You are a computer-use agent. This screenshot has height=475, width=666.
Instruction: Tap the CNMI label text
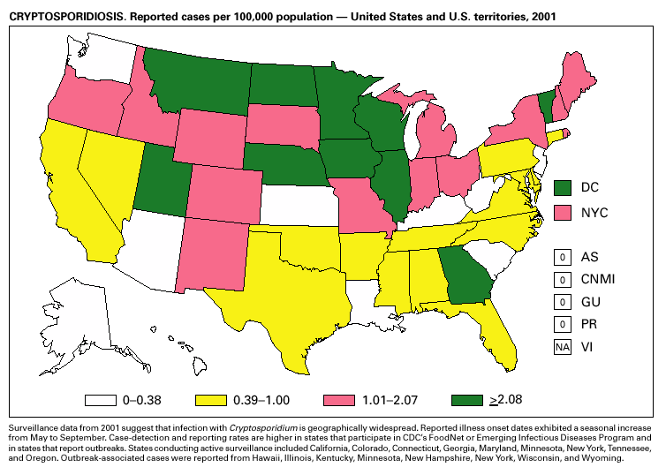coord(598,280)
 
